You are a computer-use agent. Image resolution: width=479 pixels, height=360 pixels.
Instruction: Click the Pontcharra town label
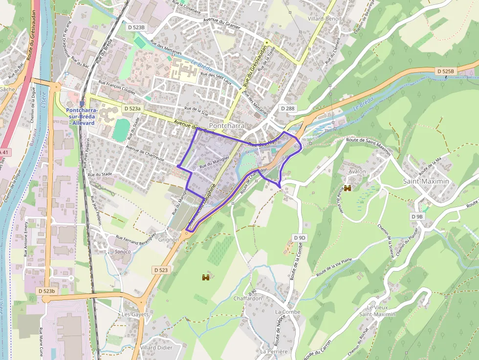coord(240,126)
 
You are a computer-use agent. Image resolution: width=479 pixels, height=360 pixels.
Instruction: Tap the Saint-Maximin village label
coord(426,181)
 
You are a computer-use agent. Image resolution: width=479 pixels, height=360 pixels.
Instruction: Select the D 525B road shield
coord(445,71)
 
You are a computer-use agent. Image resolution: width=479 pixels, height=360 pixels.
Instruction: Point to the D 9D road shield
coord(300,237)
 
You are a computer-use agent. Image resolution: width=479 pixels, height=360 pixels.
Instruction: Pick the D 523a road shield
coord(132,108)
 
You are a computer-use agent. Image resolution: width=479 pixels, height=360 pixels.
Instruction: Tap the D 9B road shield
coord(417,216)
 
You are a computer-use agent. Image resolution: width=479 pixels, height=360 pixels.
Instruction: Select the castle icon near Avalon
coord(348,188)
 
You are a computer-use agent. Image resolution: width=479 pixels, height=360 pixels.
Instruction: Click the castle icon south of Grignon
coord(206,277)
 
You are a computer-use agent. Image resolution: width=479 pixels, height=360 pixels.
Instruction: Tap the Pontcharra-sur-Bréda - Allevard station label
coord(82,116)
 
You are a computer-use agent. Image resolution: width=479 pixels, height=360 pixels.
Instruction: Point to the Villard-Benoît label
coord(325,19)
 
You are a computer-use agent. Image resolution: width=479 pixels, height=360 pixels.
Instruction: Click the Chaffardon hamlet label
coord(248,298)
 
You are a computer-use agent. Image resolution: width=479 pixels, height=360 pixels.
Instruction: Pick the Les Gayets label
coord(135,314)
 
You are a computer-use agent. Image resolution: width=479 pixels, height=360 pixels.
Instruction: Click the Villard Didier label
coord(156,347)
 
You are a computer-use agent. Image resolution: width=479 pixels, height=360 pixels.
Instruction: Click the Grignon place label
coord(169,240)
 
